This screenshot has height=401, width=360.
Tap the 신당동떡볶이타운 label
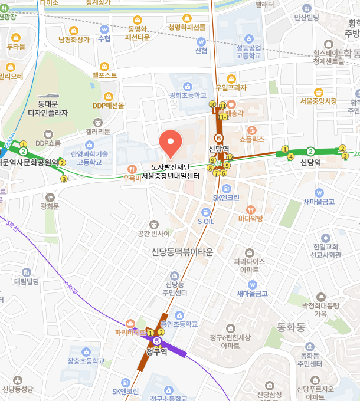click(182, 252)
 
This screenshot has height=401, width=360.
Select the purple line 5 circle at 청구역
click(156, 341)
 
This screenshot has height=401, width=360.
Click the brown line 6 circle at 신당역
click(218, 137)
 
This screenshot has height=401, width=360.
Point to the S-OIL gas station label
click(205, 221)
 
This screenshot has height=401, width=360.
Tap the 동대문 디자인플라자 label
click(48, 108)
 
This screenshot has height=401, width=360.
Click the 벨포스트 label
click(104, 75)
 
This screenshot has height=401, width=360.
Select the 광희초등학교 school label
click(187, 95)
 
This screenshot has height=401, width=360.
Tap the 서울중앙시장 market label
click(318, 101)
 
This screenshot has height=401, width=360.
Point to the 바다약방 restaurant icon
click(250, 209)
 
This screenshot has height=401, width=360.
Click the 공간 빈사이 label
click(153, 234)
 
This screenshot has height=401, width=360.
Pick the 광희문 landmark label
click(50, 206)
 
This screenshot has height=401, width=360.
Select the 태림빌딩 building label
click(26, 282)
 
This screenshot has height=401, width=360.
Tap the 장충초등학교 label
click(86, 361)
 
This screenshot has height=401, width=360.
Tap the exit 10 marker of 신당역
click(212, 104)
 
